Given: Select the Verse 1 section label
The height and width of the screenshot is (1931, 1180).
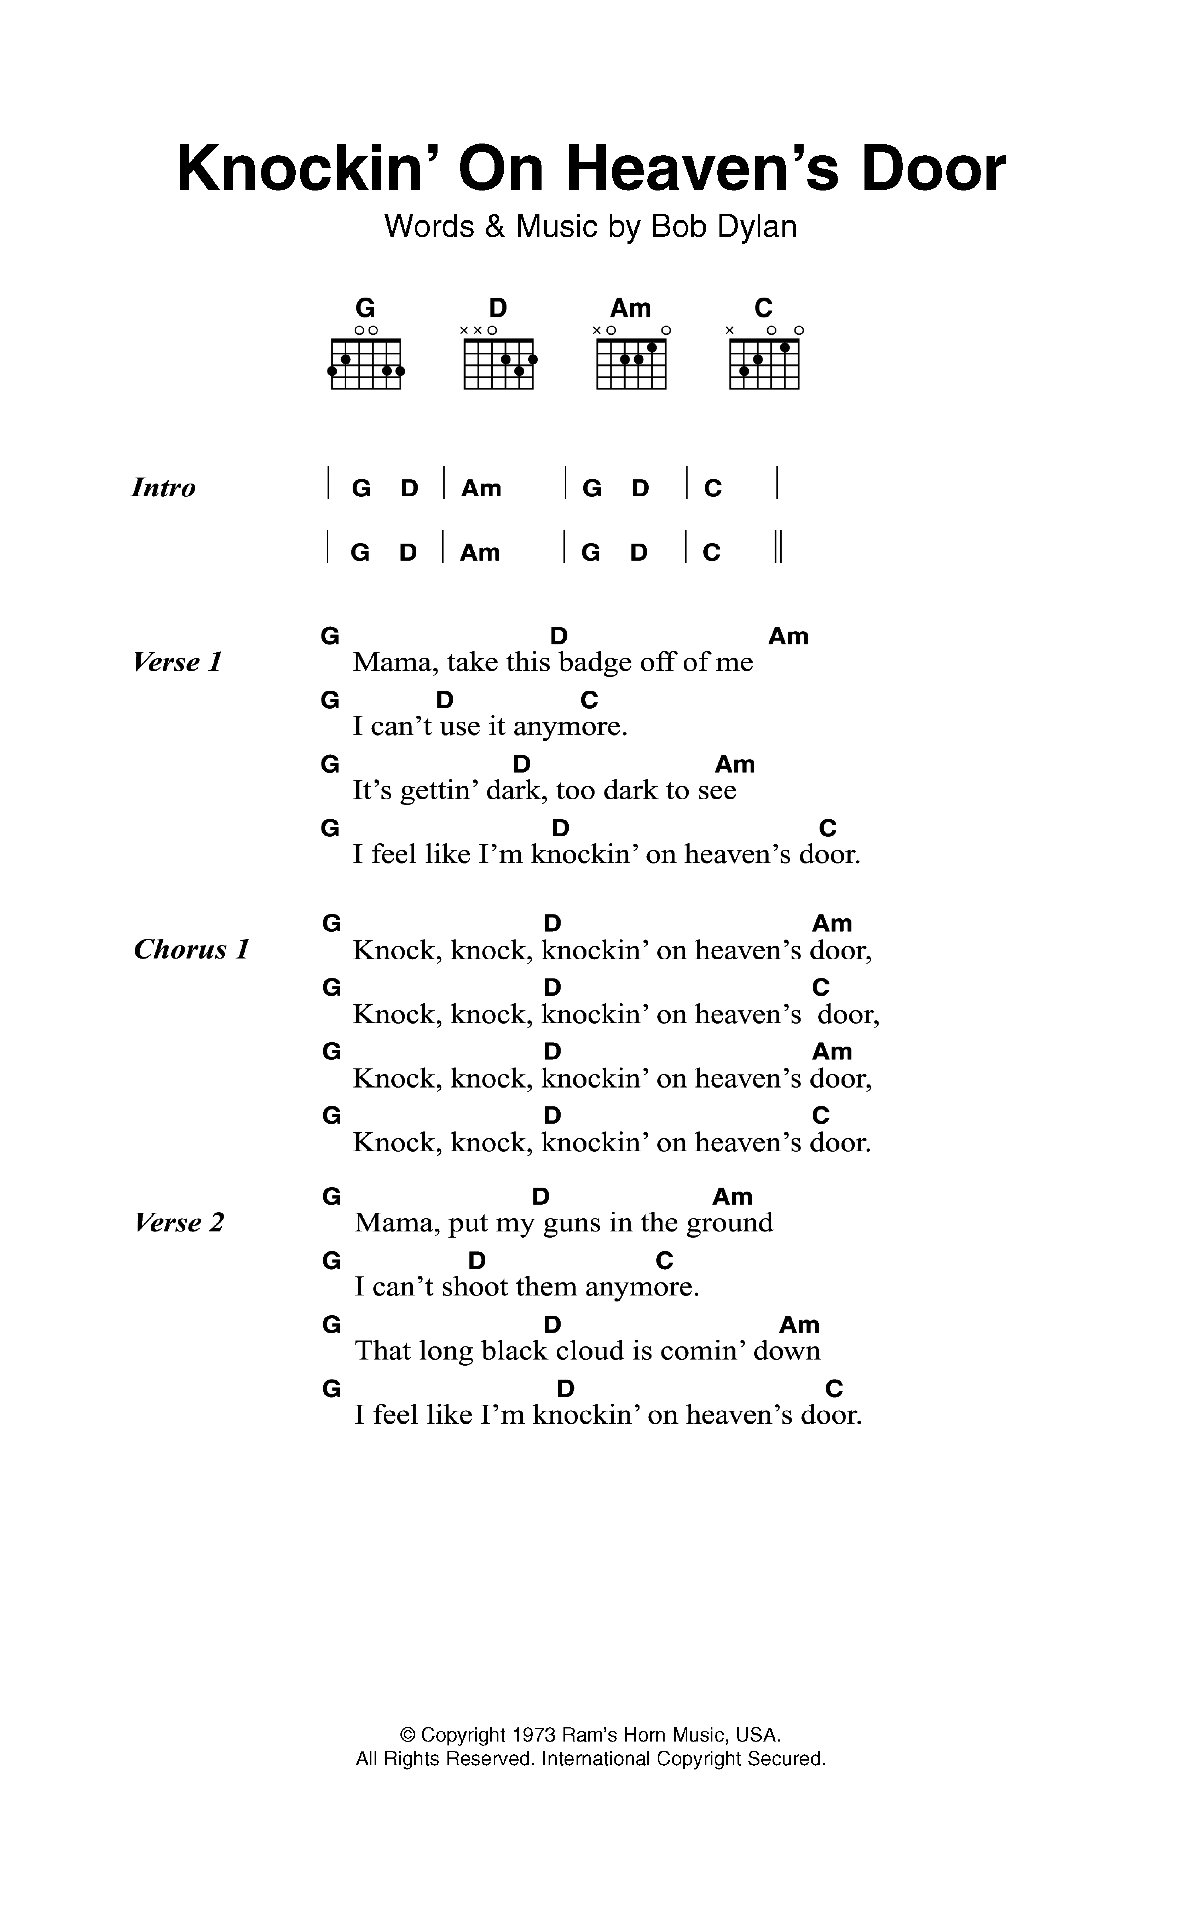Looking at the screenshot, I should click(178, 662).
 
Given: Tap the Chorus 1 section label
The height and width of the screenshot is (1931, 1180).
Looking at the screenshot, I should click(191, 950).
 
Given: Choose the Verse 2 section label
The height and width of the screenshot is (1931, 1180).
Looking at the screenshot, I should click(180, 1223).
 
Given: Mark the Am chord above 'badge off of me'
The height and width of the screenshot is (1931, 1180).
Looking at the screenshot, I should click(788, 636).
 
